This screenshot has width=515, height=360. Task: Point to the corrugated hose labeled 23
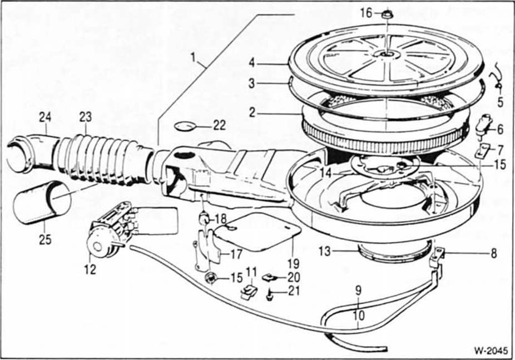(x=100, y=158)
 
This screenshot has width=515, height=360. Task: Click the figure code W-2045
(x=488, y=351)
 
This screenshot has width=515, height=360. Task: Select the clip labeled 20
(x=270, y=277)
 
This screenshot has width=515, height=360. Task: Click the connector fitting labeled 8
(x=437, y=257)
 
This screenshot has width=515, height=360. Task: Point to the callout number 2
(x=252, y=112)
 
